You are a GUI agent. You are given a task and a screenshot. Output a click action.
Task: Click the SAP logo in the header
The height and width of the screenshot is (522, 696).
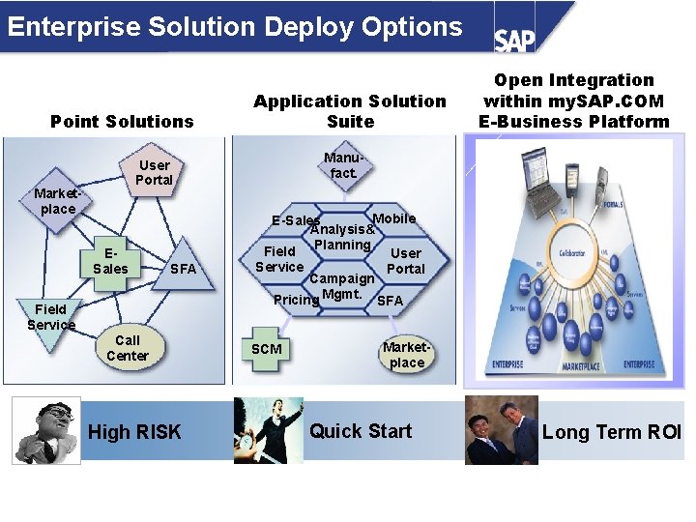[x=515, y=39]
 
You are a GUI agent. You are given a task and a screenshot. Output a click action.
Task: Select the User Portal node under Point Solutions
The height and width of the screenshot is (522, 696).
[x=154, y=172]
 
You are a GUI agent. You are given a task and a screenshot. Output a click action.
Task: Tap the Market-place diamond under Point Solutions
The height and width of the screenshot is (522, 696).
[x=55, y=201]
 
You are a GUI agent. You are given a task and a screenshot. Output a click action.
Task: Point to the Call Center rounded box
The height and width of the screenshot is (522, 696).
[x=128, y=348]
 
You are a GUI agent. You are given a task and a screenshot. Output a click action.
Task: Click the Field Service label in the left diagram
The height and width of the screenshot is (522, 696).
[x=51, y=317]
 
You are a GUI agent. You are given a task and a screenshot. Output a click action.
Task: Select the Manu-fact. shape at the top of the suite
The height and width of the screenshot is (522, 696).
[x=343, y=165]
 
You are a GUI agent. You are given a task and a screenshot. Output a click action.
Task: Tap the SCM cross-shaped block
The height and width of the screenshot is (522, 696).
[x=267, y=349]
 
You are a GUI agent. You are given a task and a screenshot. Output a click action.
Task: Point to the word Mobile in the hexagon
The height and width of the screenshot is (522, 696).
[x=394, y=218]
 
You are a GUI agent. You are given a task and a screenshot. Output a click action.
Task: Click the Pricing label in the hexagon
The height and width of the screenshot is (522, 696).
[x=295, y=300]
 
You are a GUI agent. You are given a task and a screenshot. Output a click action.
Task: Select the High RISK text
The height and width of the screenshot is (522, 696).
[x=134, y=432]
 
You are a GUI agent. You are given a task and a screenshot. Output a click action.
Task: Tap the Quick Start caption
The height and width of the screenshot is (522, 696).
[x=361, y=431]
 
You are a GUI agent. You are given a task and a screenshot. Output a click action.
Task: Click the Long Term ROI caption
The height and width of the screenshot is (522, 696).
[x=611, y=432]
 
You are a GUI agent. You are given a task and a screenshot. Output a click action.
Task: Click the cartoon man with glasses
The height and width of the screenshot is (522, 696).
[x=45, y=431]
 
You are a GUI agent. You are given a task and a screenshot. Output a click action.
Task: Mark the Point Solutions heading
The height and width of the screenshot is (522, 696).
[x=122, y=121]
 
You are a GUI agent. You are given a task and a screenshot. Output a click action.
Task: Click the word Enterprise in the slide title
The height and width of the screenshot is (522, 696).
[x=73, y=26]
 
